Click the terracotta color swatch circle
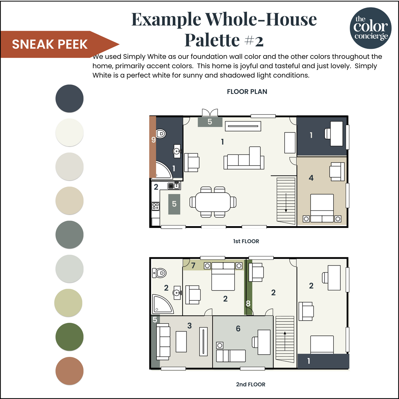click(69, 371)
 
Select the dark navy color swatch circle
click(69, 98)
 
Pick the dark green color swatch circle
click(69, 337)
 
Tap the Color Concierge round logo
click(371, 28)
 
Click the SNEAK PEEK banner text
click(50, 44)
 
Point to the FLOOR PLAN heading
click(247, 92)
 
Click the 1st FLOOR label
click(246, 241)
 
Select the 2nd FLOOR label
click(250, 384)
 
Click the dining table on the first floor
click(213, 202)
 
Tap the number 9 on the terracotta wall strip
click(154, 140)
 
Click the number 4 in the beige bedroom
click(311, 178)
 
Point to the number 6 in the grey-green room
click(238, 328)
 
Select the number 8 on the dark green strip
click(248, 303)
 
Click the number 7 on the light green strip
click(193, 265)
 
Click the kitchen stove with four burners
click(156, 206)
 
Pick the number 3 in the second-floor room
click(189, 325)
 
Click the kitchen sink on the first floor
click(174, 186)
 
